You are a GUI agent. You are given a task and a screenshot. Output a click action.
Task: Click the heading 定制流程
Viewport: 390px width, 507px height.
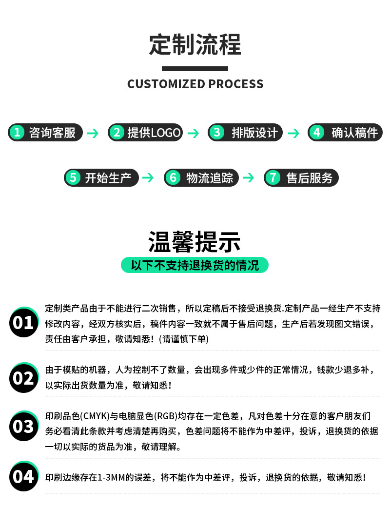coord(195,45)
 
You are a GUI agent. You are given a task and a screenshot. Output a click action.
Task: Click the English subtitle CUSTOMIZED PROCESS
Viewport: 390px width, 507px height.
coord(195,84)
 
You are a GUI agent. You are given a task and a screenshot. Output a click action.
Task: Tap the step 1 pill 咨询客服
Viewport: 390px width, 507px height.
coord(45,132)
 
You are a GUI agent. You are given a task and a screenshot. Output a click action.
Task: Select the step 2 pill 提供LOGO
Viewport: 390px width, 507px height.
coord(145,132)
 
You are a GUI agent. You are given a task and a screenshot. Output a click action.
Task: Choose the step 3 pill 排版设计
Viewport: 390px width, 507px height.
coord(245,132)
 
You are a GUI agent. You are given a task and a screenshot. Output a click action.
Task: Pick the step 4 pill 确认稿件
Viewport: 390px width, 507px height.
coord(345,132)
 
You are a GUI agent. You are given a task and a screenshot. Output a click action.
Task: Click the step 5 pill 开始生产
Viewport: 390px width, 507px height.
coord(101,177)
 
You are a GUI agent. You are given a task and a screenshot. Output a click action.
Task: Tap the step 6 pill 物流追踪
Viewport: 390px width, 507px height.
coord(201,177)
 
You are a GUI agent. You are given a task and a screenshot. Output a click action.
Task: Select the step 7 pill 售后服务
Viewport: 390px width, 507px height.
coord(301,177)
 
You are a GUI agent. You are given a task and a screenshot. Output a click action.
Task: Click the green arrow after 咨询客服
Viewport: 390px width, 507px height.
coord(93,133)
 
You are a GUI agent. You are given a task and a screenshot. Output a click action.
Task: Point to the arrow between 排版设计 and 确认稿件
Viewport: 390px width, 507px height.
coord(293,133)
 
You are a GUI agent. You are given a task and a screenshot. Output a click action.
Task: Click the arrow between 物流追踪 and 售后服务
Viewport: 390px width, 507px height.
coord(248,178)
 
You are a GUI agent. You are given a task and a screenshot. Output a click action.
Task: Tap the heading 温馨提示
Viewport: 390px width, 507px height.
coord(195,242)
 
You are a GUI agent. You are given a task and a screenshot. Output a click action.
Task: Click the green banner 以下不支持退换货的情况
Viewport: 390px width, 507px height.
coord(195,265)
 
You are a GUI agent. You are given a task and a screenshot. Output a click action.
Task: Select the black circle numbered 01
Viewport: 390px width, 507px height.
coord(23,322)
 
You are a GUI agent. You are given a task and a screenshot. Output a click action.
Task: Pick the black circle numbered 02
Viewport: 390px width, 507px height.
coord(23,378)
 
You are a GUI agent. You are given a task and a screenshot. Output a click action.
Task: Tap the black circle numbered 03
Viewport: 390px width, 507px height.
coord(23,427)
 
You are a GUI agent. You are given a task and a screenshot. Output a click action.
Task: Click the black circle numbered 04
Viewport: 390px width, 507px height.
coord(23,476)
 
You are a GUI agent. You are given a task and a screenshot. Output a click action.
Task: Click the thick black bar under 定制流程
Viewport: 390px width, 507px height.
coord(195,68)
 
